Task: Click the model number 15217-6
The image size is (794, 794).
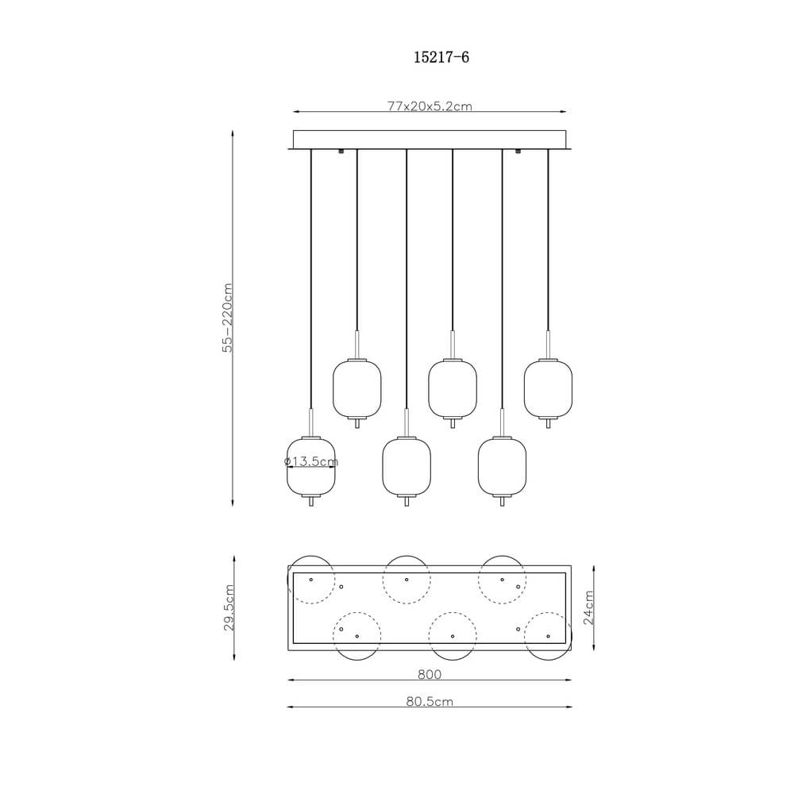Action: pyautogui.click(x=441, y=57)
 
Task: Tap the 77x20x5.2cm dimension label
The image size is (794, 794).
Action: pyautogui.click(x=430, y=106)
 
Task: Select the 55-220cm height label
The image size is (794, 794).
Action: pyautogui.click(x=228, y=318)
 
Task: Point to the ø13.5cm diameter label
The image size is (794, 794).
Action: pyautogui.click(x=311, y=461)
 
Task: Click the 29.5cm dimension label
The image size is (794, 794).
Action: pyautogui.click(x=229, y=607)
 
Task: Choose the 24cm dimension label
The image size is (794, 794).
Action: pyautogui.click(x=588, y=607)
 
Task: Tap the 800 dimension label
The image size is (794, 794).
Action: pyautogui.click(x=430, y=674)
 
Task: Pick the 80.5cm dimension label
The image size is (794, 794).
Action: pyautogui.click(x=430, y=701)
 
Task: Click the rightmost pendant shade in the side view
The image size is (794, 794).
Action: pyautogui.click(x=548, y=388)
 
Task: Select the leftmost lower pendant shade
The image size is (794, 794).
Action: pyautogui.click(x=311, y=466)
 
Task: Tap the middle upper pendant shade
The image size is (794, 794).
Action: pyautogui.click(x=453, y=388)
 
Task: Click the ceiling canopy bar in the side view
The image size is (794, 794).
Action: pyautogui.click(x=430, y=140)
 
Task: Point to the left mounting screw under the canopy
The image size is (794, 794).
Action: pyautogui.click(x=341, y=151)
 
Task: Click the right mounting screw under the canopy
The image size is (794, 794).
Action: pyautogui.click(x=518, y=151)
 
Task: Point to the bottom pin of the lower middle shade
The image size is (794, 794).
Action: pyautogui.click(x=407, y=502)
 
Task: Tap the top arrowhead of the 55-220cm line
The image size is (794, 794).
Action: pyautogui.click(x=233, y=133)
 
